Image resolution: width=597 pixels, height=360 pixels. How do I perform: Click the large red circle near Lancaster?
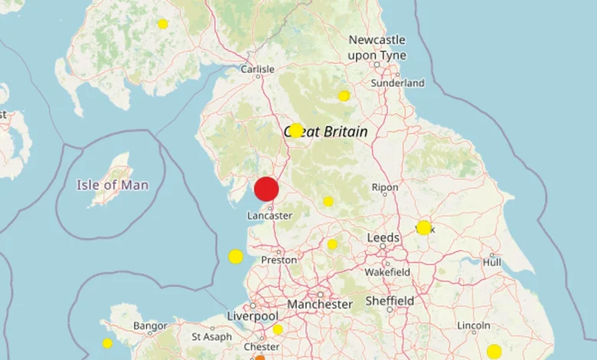pos(266,188)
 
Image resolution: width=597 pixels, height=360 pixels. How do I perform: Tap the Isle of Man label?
pos(113,185)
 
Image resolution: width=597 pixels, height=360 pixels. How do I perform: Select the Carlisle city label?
pos(257,69)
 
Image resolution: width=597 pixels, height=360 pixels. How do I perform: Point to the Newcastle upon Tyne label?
pos(377,47)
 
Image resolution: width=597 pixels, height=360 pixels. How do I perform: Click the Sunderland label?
pos(397,83)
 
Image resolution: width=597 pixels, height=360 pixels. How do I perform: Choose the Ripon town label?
pos(384,187)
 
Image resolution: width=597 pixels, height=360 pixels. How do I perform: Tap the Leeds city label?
pos(383,238)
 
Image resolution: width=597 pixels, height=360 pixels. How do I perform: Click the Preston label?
pos(279,260)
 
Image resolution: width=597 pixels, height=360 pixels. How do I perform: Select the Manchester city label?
pos(320,304)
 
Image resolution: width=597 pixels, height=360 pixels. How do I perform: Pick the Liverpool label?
pos(253,316)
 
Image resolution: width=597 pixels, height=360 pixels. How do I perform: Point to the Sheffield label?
pos(390,300)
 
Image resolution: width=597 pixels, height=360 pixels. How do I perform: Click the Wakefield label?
pos(387,272)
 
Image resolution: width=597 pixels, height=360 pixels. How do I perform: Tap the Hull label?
pos(492,262)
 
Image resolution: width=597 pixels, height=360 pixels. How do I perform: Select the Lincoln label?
pos(474,326)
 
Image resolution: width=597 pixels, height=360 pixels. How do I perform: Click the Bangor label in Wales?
pos(150,326)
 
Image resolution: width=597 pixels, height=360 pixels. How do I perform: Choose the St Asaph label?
pos(207,336)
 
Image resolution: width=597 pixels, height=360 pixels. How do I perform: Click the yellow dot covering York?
pos(424,227)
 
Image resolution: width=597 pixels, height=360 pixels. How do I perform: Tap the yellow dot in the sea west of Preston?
pos(236,257)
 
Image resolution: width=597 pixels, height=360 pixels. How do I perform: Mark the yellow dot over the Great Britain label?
pos(296,130)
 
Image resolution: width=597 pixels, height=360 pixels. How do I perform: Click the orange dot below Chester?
pos(259,357)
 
